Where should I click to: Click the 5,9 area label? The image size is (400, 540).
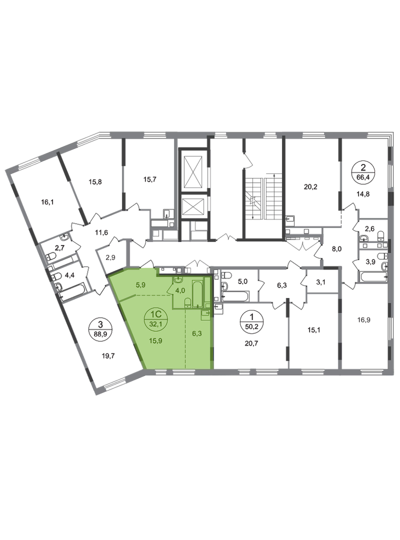(x=140, y=284)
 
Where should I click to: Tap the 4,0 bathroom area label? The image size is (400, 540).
(x=180, y=290)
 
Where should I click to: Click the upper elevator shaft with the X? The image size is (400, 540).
(x=192, y=168)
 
